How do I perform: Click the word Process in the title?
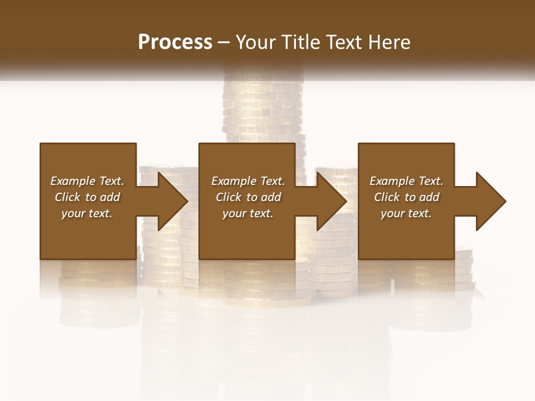[175, 42]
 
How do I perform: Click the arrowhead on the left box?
[172, 201]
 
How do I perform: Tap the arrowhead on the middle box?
[331, 201]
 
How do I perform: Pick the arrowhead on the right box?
[490, 201]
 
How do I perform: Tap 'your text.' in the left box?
[87, 213]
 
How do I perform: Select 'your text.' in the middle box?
[247, 213]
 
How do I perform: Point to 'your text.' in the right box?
[406, 213]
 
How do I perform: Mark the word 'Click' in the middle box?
[228, 197]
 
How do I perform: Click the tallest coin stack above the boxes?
[264, 106]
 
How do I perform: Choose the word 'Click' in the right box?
[387, 197]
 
